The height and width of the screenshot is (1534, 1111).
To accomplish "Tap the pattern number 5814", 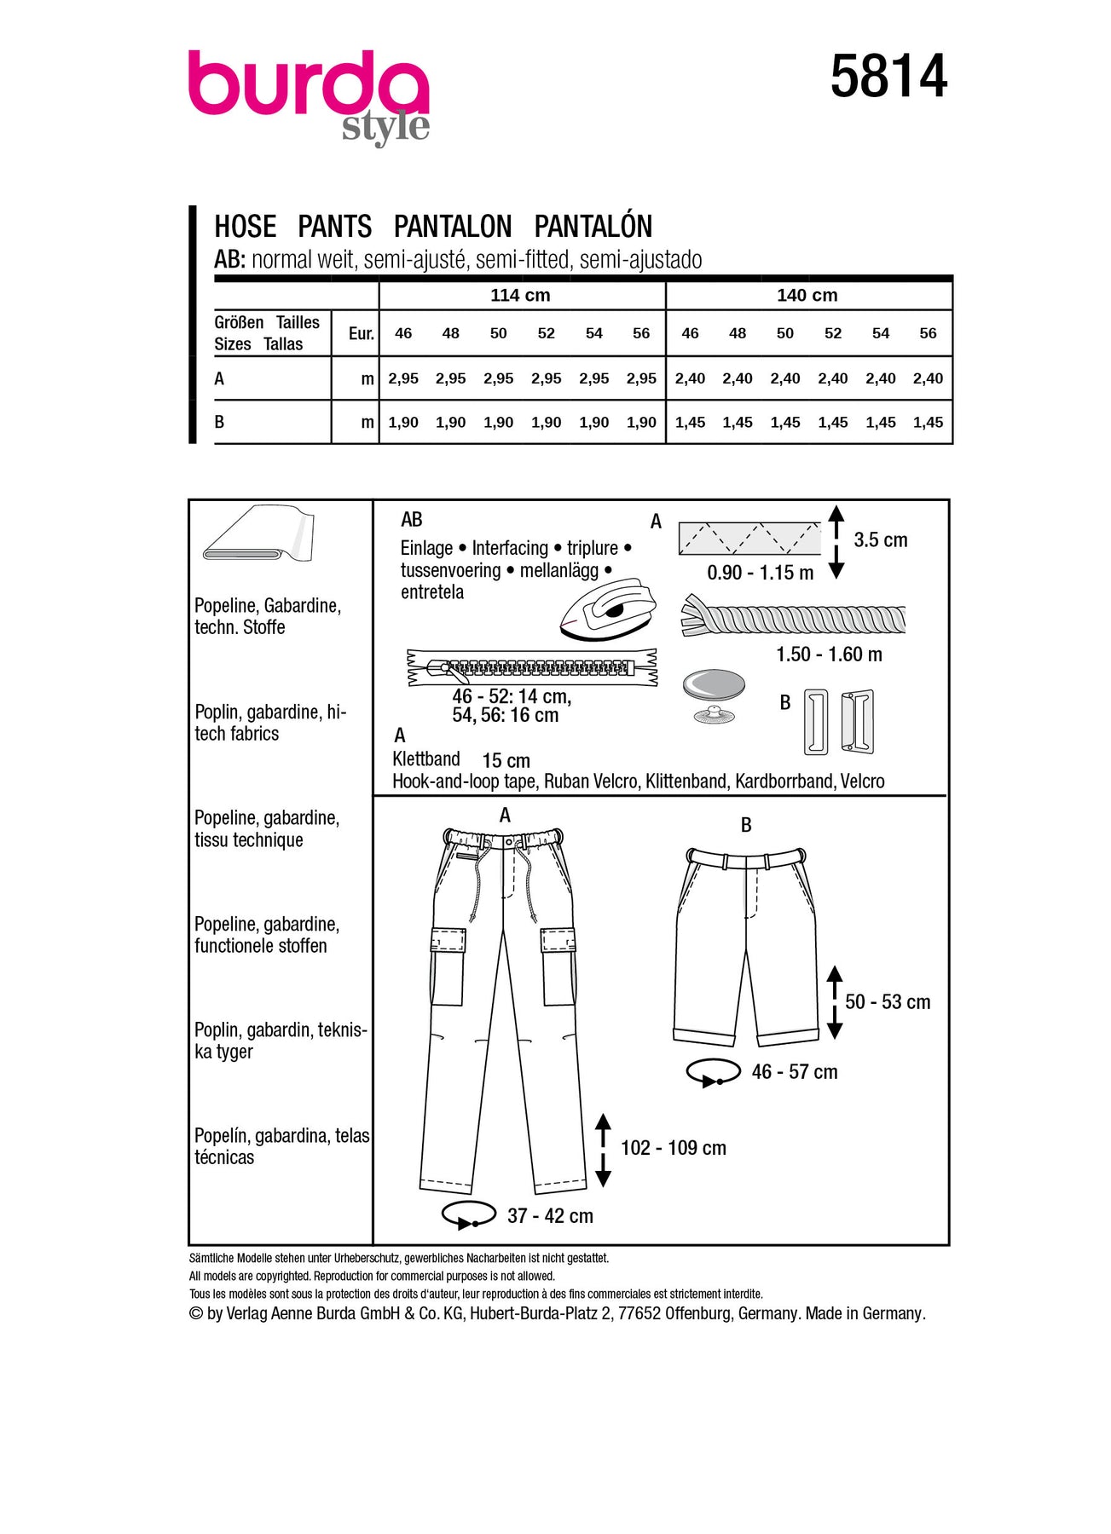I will coord(888,77).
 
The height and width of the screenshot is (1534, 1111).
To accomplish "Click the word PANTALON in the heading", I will coord(453,227).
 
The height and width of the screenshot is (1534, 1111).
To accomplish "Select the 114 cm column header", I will coord(520,295).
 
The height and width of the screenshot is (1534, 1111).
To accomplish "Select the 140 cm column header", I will coord(807,295).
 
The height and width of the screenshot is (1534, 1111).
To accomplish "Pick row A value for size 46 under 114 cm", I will coord(403,378).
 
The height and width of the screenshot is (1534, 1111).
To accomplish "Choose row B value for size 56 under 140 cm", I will coord(928,422).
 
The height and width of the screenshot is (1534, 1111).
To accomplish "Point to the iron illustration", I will coord(608,607).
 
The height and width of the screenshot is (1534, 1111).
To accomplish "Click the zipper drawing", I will coord(532,667).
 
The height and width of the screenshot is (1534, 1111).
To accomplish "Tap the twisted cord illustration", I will coord(793,618).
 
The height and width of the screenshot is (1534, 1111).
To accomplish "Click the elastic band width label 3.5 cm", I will coord(880,539).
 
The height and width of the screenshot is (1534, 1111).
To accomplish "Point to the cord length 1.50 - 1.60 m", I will coord(828,655).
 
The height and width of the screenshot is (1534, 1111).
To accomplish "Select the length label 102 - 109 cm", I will coord(673,1148).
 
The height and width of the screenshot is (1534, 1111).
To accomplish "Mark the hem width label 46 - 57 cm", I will coord(794,1072).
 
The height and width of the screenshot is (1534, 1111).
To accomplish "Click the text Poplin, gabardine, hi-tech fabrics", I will coord(270,723).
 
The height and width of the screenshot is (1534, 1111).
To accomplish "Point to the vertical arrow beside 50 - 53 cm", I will coord(835,1002).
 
